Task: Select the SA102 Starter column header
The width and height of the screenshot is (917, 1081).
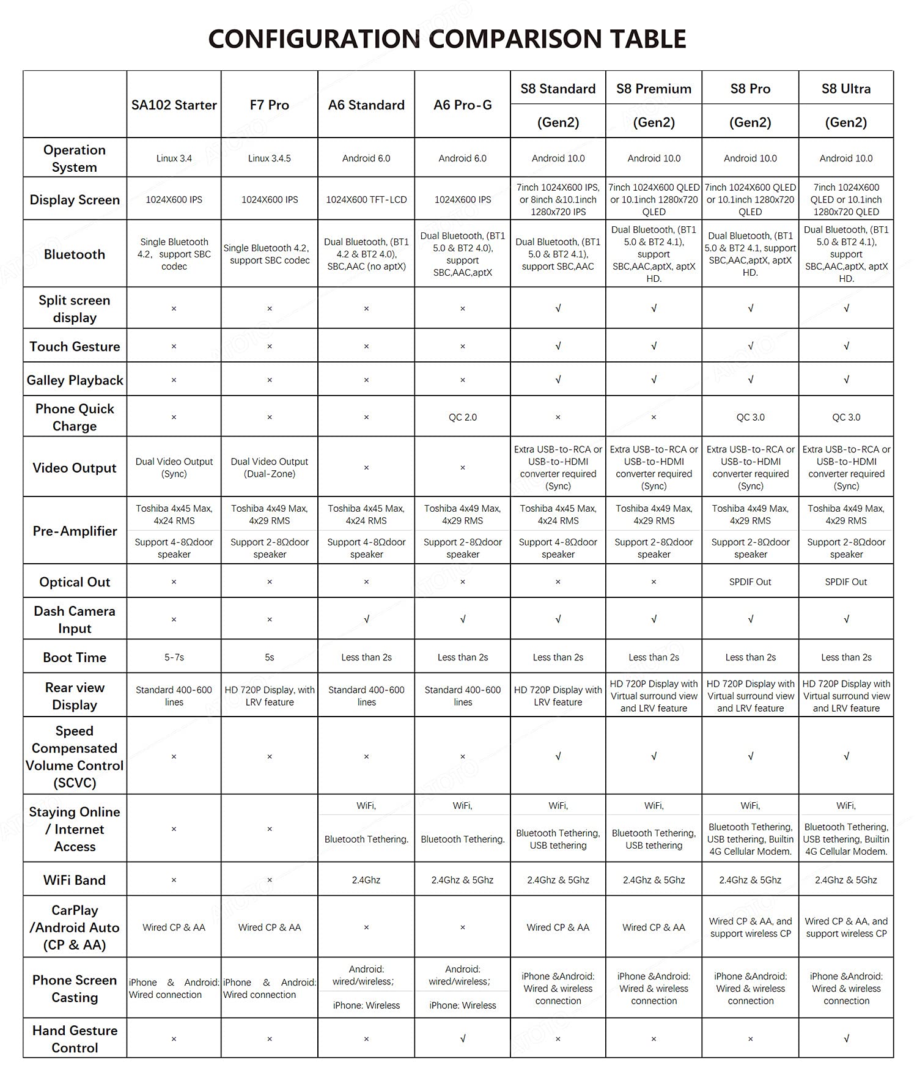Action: pos(174,105)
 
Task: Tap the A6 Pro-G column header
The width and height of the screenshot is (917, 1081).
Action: pos(463,105)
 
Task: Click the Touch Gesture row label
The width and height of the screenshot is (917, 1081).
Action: pos(75,347)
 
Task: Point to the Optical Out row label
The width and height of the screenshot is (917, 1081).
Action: pos(75,582)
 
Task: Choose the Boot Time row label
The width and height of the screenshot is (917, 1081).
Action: pos(75,657)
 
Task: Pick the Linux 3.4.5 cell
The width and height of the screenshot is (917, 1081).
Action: pos(270,158)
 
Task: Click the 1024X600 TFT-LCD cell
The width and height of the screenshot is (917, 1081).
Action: pos(366,200)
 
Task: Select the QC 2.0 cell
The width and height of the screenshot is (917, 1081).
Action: pos(463,417)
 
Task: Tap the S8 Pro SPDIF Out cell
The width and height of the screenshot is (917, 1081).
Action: pos(750,582)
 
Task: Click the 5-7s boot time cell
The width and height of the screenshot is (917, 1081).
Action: pos(174,657)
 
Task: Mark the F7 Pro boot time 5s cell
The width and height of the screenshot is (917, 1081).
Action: pos(270,657)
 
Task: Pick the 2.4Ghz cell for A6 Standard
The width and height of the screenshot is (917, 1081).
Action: pos(366,880)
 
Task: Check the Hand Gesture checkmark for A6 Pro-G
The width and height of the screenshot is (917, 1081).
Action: pos(463,1038)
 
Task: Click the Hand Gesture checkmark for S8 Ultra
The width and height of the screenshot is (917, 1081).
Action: pos(846,1038)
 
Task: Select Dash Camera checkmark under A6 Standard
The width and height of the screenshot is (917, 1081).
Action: pos(366,619)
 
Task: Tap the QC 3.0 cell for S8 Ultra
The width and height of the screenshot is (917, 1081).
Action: pos(846,417)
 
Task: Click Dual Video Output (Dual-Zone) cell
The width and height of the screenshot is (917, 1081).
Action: pos(270,468)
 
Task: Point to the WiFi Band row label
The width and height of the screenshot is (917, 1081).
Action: pos(75,880)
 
